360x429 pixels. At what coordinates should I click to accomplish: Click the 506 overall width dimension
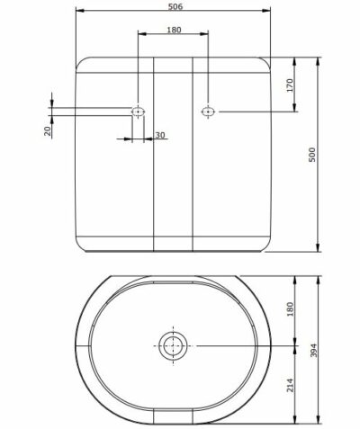coord(176,6)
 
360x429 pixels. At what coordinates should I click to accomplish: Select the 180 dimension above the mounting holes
coord(173,30)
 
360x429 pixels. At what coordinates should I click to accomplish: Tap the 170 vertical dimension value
coord(290,85)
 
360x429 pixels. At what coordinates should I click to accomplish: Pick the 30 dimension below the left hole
coord(159,135)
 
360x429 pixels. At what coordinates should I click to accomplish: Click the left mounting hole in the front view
coord(138,112)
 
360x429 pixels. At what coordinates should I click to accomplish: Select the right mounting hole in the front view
coord(208,112)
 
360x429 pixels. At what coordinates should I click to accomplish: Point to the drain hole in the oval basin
coord(172,344)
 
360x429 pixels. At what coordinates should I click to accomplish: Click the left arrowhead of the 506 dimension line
coord(79,13)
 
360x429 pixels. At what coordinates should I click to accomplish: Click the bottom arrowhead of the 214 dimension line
coord(298,420)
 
